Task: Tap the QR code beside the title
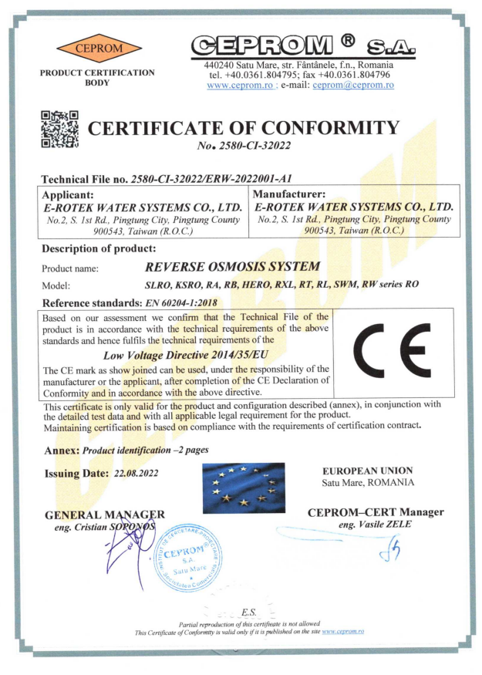tap(60, 129)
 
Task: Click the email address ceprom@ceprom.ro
tap(352, 86)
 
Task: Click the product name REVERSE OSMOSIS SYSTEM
tap(231, 267)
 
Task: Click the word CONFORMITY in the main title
tap(319, 128)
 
